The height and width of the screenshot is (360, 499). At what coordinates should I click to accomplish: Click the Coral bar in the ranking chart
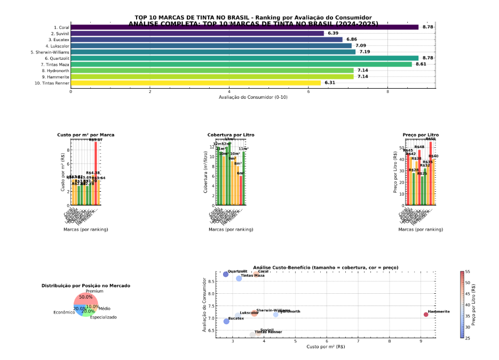[x=244, y=27]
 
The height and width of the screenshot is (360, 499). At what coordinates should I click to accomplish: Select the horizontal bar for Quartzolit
[x=244, y=58]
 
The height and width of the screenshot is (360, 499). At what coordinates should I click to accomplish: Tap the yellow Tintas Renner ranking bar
[x=195, y=83]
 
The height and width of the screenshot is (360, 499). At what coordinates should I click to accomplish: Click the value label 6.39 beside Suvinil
[x=333, y=33]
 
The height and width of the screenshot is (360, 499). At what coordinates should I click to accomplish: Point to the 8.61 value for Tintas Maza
[x=422, y=64]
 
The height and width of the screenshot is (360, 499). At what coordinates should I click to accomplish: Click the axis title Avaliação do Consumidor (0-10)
[x=252, y=97]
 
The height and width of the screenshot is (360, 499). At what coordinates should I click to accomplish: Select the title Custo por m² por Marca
[x=86, y=135]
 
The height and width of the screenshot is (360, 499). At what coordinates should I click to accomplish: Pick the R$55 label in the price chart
[x=430, y=139]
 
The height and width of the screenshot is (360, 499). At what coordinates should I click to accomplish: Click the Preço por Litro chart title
[x=421, y=135]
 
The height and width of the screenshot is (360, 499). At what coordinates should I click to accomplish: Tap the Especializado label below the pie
[x=104, y=317]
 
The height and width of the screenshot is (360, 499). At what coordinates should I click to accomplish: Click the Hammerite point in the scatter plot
[x=426, y=315]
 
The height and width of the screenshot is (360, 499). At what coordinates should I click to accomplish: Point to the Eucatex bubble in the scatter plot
[x=226, y=321]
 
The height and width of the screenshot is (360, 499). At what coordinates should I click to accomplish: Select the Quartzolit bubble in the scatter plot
[x=226, y=274]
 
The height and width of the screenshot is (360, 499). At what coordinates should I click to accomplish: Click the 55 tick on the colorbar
[x=468, y=271]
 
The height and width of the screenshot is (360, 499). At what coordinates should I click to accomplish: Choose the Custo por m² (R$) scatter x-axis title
[x=326, y=347]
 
